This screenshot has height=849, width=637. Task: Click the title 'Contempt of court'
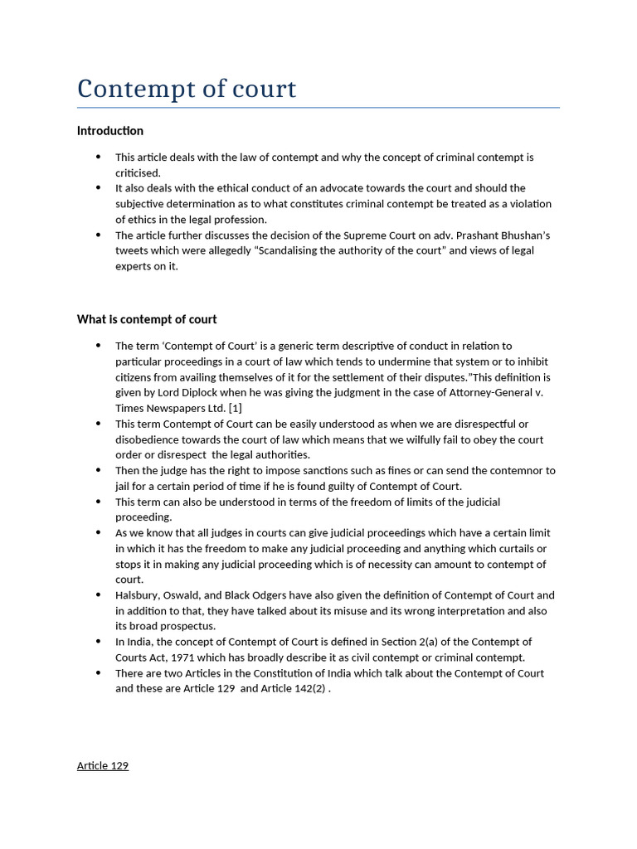point(187,89)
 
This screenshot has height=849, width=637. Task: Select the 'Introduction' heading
point(110,131)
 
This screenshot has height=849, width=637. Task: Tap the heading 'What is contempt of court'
point(147,319)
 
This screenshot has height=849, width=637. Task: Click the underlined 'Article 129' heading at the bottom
point(103,765)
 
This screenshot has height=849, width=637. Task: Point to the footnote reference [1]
point(235,408)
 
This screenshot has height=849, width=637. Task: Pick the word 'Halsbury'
point(137,595)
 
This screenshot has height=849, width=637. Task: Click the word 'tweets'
point(132,251)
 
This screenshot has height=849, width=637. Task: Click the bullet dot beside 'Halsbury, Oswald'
point(98,595)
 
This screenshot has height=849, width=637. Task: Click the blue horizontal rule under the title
point(318,108)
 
